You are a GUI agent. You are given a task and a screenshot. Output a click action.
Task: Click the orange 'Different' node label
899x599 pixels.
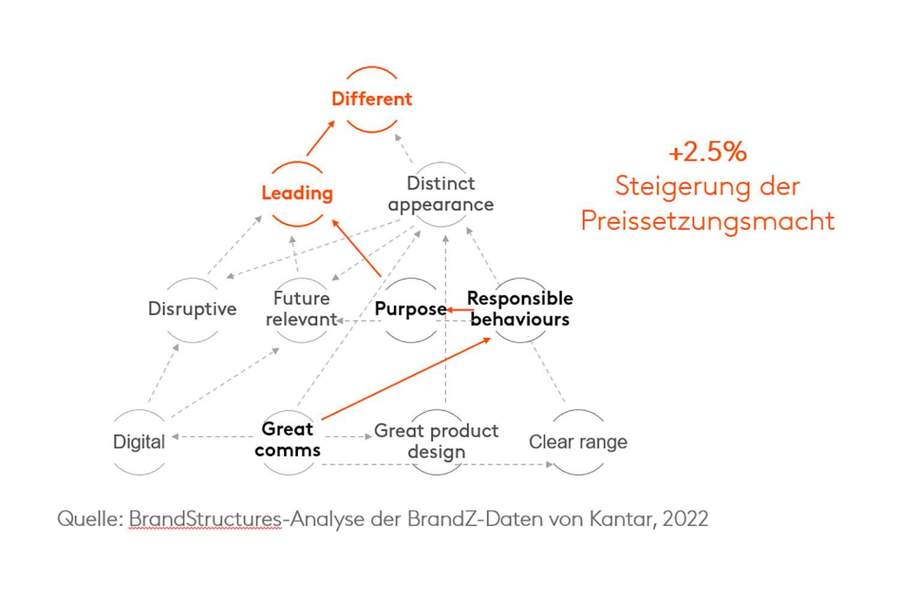[x=372, y=99]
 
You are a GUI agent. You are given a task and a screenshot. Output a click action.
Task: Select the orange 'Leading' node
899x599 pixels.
[x=297, y=193]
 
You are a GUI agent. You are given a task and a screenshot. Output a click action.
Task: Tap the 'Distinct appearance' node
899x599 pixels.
[x=441, y=194]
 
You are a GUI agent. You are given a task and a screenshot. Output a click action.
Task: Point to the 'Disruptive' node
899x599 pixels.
[x=192, y=309]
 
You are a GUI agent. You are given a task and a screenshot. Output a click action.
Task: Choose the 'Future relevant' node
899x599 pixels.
[x=301, y=309]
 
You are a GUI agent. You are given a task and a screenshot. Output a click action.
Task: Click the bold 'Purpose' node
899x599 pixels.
[x=411, y=309]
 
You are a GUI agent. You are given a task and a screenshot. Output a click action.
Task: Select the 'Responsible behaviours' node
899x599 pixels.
[x=520, y=309]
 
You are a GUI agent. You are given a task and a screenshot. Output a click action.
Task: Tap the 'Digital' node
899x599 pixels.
[x=139, y=442]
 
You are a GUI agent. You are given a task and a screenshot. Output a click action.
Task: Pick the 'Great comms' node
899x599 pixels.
[x=288, y=440]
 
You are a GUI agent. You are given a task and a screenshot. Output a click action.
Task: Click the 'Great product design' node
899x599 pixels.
[x=436, y=441]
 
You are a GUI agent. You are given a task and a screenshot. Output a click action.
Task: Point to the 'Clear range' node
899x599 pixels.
[x=578, y=442]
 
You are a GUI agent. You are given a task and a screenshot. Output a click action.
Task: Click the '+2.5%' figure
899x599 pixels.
[x=708, y=152]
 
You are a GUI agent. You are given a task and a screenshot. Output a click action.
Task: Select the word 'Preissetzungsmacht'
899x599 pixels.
[x=708, y=221]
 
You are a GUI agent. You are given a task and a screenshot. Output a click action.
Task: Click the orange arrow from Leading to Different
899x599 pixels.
[x=321, y=138]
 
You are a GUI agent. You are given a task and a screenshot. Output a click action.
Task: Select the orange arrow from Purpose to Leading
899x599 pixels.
[x=357, y=249]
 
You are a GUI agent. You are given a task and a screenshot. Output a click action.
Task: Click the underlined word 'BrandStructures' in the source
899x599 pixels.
[x=205, y=519]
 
